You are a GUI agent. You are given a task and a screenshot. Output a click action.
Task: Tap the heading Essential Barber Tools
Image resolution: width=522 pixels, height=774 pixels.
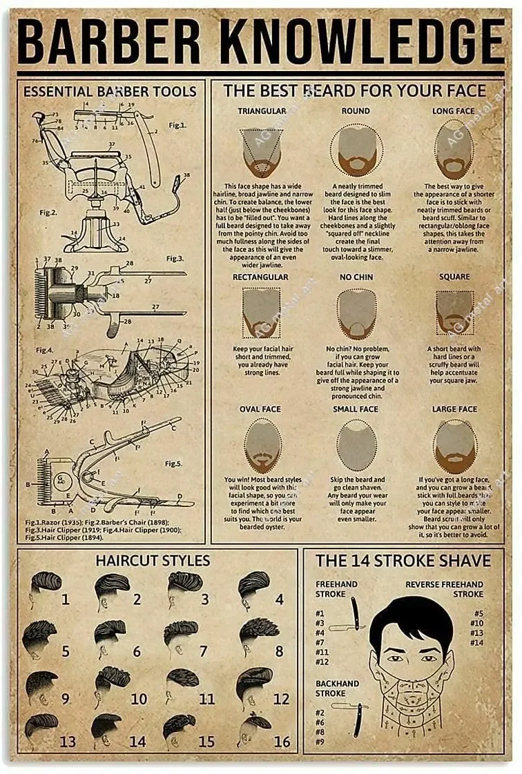click(x=110, y=92)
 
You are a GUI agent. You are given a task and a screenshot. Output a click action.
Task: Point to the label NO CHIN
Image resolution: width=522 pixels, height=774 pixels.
click(x=356, y=277)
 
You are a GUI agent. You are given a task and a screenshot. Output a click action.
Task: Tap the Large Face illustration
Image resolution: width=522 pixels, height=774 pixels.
click(x=455, y=445)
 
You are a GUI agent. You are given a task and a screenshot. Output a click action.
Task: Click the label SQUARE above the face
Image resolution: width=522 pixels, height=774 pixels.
click(x=454, y=277)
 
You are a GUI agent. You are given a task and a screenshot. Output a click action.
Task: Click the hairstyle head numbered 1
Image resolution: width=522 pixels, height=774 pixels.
click(x=46, y=588)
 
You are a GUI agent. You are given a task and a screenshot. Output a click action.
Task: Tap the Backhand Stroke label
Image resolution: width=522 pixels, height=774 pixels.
click(x=337, y=688)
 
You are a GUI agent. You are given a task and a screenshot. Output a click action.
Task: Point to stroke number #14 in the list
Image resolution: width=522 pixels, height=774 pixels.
click(x=476, y=643)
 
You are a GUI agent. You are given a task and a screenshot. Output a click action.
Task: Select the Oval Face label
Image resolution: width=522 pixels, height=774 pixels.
click(x=260, y=409)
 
